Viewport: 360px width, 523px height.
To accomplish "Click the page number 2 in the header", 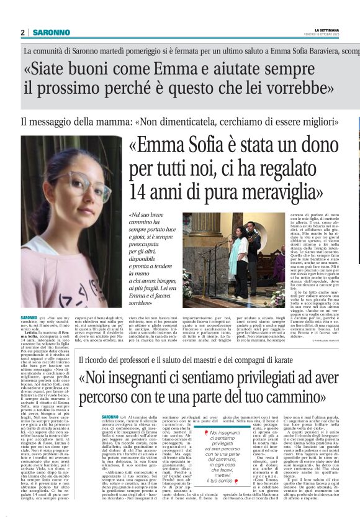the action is click(x=22, y=32).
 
